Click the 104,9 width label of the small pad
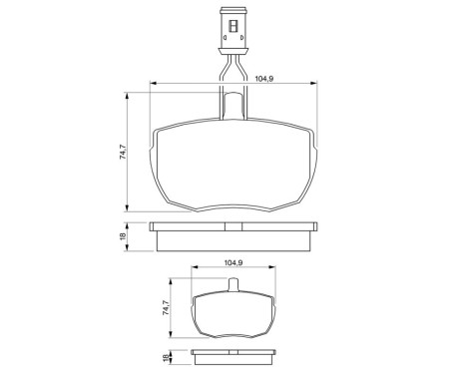point(233,262)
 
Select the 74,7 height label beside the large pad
point(123,152)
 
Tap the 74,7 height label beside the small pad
point(166,307)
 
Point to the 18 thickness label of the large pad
point(123,236)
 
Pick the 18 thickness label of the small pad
point(166,357)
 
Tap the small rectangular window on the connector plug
point(233,26)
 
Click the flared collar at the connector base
point(233,51)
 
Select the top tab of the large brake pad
point(233,105)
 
